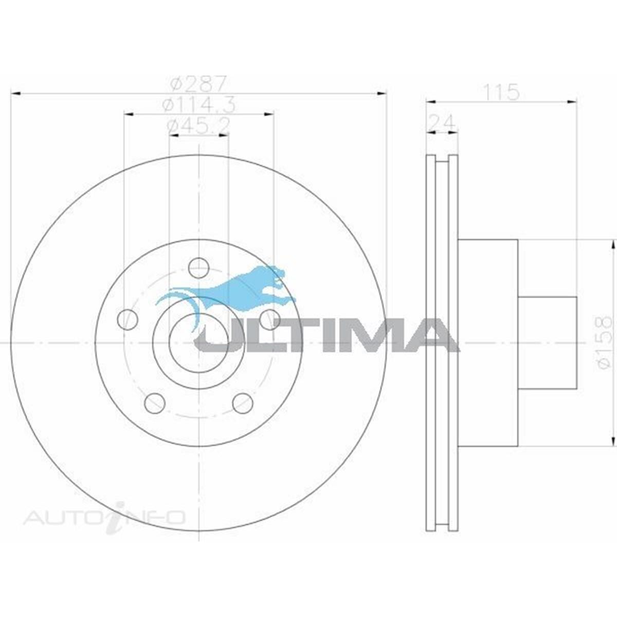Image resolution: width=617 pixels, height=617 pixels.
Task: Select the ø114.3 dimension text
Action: coord(198,105)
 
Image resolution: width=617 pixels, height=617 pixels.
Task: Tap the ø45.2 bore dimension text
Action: coord(198,125)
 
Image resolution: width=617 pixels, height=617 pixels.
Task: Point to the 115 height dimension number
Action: coord(502,93)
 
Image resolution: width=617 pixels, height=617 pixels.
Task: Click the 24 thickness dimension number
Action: coord(442,123)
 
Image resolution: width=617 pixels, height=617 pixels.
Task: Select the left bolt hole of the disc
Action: coord(128,319)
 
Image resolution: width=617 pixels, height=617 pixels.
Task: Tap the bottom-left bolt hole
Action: coord(155,403)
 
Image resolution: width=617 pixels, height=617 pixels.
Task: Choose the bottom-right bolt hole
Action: coord(243,403)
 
